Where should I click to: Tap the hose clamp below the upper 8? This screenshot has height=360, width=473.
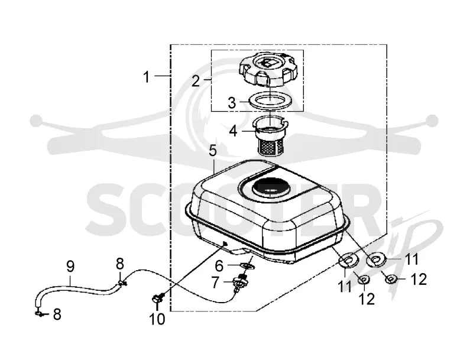point(121,283)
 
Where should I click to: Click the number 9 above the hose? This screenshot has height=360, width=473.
point(70,267)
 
